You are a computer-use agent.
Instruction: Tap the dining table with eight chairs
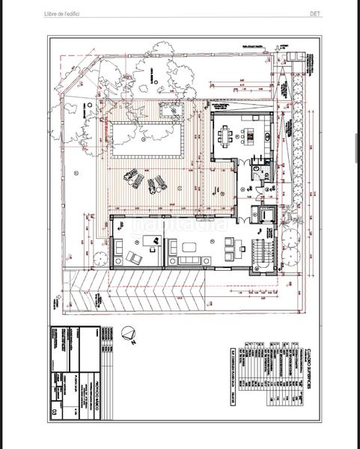(x=226, y=136)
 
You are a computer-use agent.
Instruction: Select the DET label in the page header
(x=316, y=13)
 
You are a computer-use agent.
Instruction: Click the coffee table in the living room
(x=187, y=246)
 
